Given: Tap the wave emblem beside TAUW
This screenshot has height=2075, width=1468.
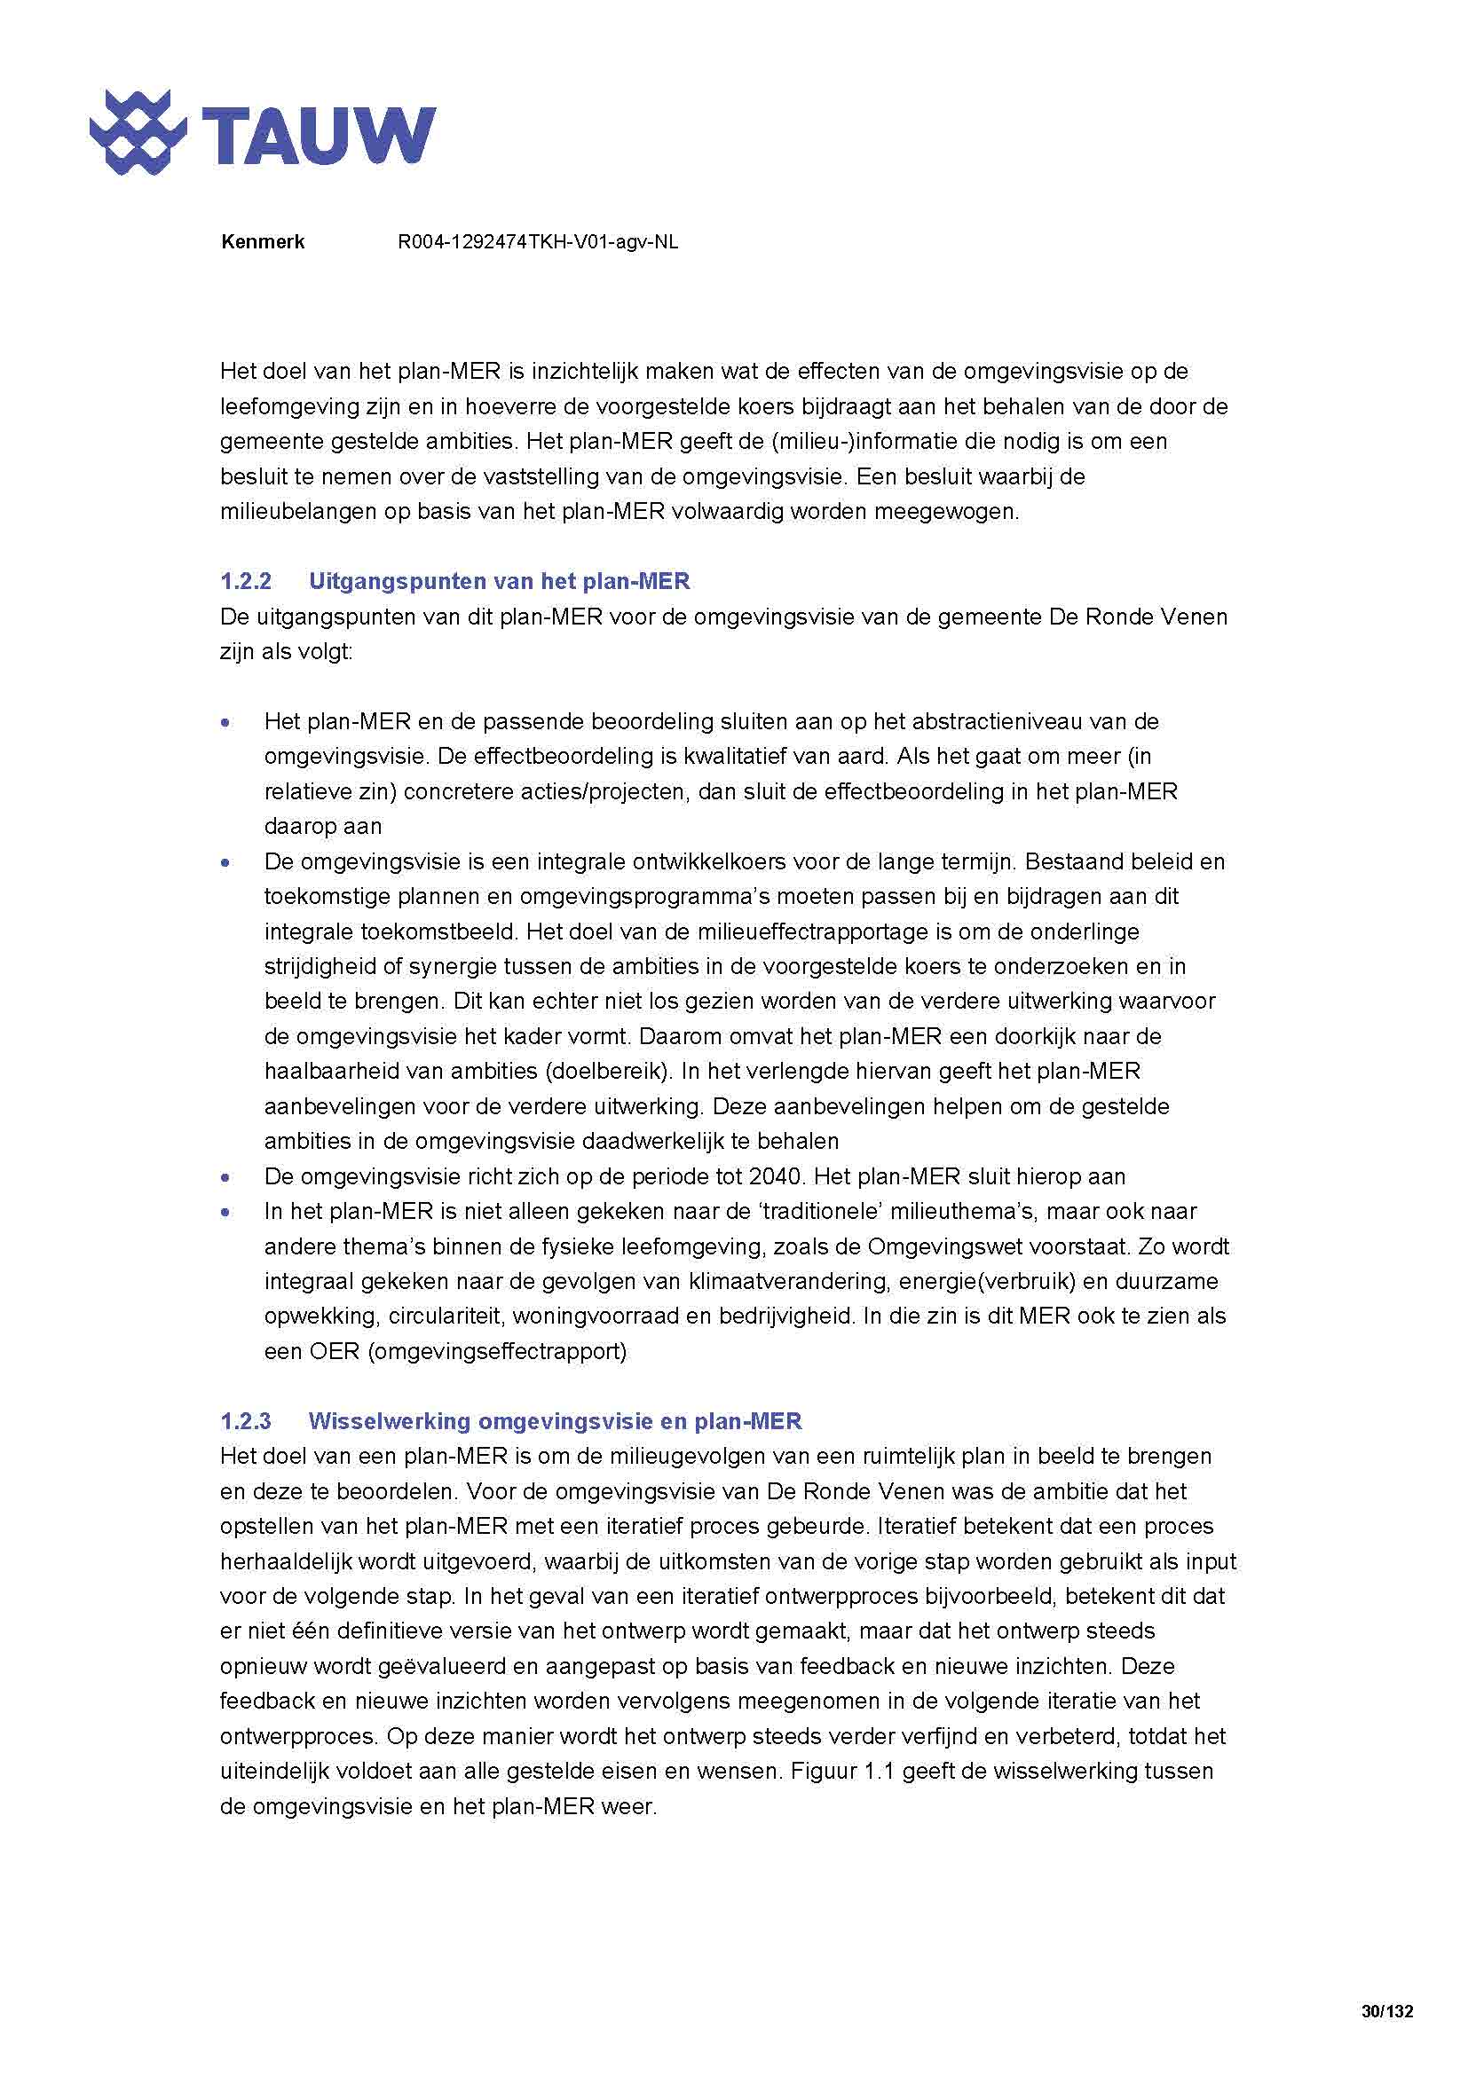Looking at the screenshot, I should pyautogui.click(x=138, y=133).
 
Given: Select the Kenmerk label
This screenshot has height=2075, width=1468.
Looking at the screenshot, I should pyautogui.click(x=262, y=242).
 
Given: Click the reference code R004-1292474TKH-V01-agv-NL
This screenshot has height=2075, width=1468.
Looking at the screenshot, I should pyautogui.click(x=538, y=242).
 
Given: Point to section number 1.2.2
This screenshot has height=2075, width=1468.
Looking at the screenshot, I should pyautogui.click(x=246, y=581).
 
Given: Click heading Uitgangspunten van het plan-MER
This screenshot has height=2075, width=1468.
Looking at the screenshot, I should pyautogui.click(x=499, y=581).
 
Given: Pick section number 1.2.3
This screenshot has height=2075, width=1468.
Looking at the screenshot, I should pyautogui.click(x=246, y=1420).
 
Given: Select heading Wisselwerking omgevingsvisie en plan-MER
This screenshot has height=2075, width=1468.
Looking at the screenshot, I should pyautogui.click(x=554, y=1420).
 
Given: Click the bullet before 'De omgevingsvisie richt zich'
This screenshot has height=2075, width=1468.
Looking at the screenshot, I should pyautogui.click(x=225, y=1177).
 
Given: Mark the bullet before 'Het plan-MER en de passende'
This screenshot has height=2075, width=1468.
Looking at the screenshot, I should pyautogui.click(x=225, y=722).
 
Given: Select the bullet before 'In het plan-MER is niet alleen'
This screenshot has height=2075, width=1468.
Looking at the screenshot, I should pyautogui.click(x=225, y=1212).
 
